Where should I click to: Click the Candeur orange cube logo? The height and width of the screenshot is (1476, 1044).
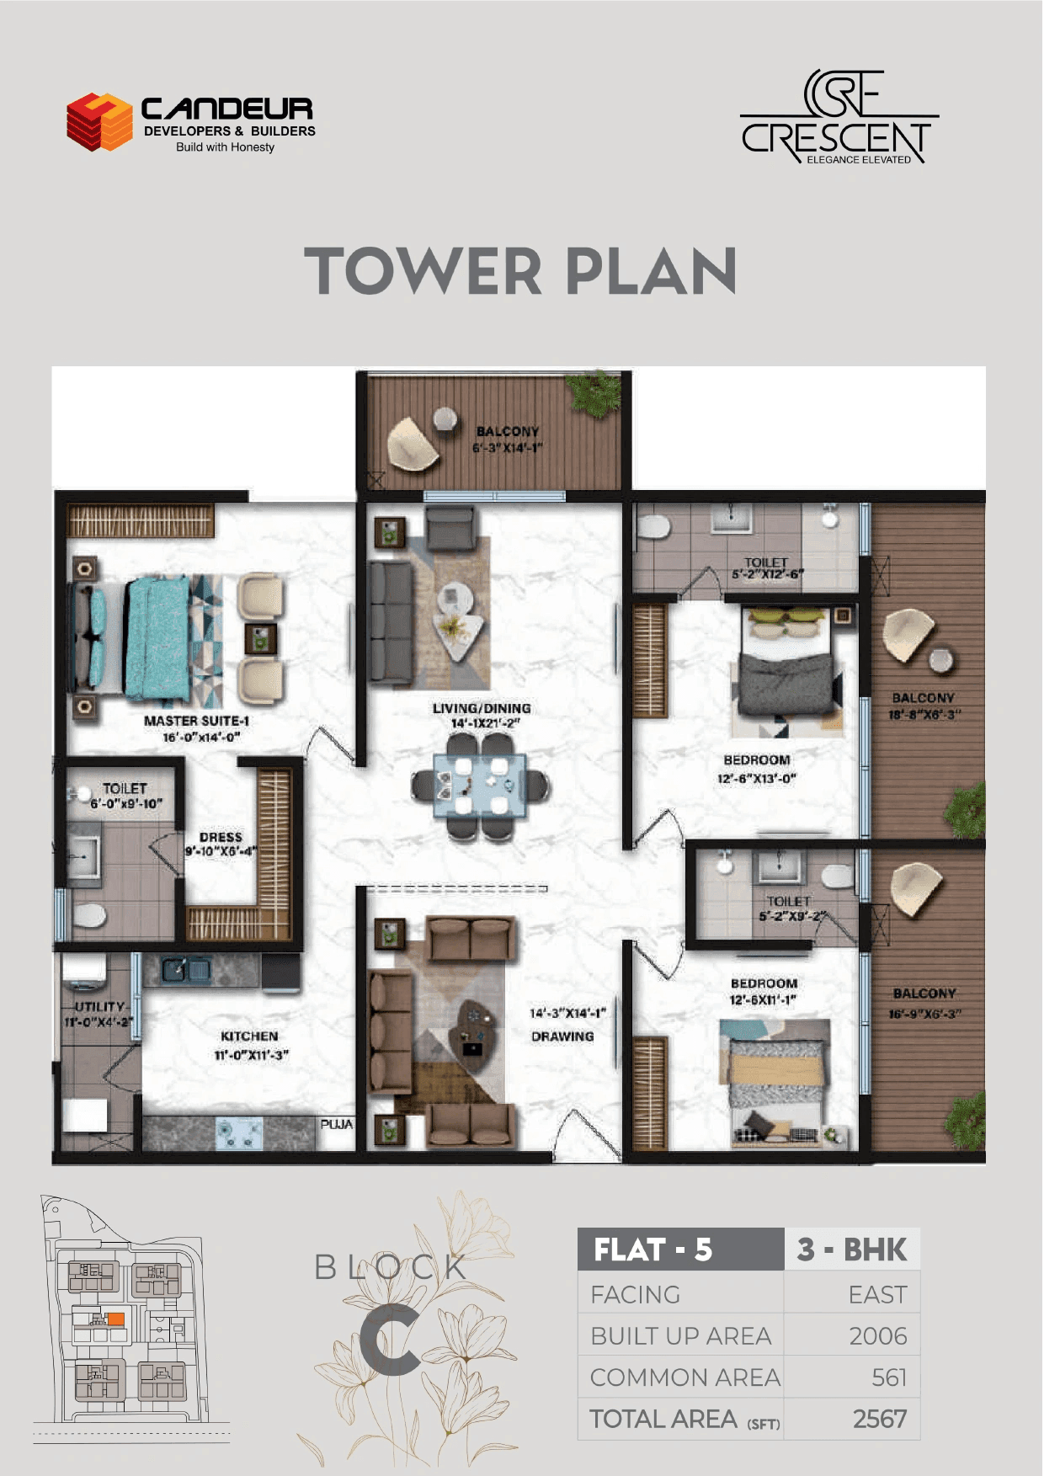[99, 121]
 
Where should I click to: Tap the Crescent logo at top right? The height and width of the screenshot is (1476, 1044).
[839, 118]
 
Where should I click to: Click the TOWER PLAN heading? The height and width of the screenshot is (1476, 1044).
[520, 271]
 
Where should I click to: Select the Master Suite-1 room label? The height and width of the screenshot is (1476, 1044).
[196, 721]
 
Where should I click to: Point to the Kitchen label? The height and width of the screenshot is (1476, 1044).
[249, 1036]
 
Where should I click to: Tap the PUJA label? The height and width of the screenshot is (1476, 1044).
[336, 1124]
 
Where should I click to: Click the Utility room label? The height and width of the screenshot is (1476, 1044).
[99, 1007]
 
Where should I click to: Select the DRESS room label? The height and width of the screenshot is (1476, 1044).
[221, 837]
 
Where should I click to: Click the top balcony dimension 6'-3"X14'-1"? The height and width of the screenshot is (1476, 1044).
[507, 448]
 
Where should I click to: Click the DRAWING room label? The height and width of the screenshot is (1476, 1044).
[562, 1036]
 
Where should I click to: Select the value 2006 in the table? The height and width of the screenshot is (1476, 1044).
[877, 1336]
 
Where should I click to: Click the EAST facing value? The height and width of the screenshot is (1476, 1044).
[877, 1295]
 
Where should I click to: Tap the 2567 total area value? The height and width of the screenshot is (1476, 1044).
[879, 1420]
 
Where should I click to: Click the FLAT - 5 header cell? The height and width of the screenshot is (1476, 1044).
[653, 1250]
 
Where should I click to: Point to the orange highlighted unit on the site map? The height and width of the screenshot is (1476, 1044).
[116, 1319]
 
